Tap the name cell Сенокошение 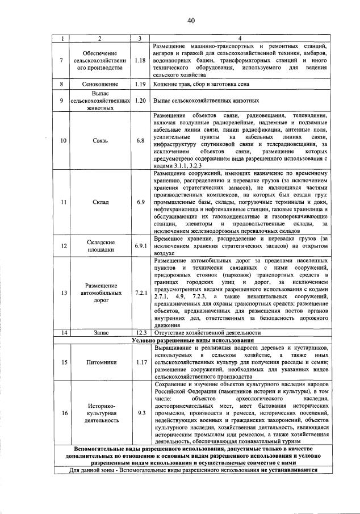[99, 84]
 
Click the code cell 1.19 [141, 84]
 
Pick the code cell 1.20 [141, 100]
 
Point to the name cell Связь [99, 140]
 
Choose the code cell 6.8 [141, 140]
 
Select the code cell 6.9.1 [141, 245]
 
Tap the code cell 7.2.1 [141, 293]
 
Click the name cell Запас [99, 332]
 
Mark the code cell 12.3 [141, 332]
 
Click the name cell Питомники [99, 361]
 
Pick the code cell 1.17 [141, 361]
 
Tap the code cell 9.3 [141, 413]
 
